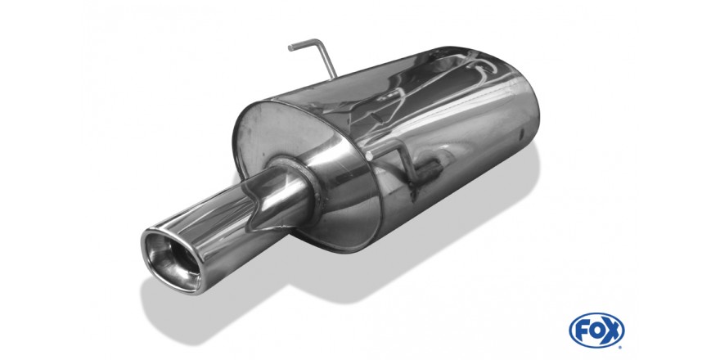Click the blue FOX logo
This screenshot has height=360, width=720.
point(596,331)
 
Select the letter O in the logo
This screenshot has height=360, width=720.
point(596,331)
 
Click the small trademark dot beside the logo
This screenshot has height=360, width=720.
point(622,346)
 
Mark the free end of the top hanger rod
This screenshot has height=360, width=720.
point(290,47)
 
